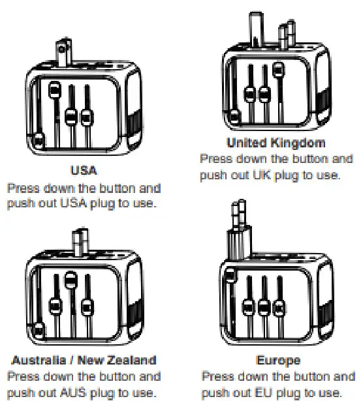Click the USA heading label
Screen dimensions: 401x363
click(83, 171)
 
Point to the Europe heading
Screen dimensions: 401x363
click(278, 359)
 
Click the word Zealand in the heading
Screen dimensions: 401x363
click(136, 359)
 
